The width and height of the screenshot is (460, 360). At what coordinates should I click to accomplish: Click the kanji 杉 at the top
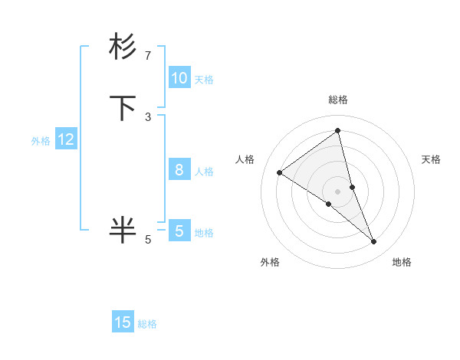[x=123, y=47]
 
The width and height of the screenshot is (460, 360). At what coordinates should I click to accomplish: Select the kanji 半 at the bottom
[x=123, y=230]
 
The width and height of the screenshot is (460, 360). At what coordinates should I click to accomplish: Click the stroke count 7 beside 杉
[x=148, y=56]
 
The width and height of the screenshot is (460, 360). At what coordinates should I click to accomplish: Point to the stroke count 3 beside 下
[x=148, y=117]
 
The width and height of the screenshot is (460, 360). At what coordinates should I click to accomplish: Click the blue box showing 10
[x=179, y=78]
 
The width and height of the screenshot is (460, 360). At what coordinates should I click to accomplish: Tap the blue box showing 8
[x=179, y=170]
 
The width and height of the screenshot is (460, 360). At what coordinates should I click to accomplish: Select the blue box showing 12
[x=66, y=139]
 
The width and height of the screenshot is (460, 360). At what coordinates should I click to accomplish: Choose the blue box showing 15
[x=123, y=322]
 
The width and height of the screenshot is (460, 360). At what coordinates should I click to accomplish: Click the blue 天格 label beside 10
[x=204, y=80]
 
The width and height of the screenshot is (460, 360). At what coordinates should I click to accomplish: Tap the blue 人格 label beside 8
[x=204, y=172]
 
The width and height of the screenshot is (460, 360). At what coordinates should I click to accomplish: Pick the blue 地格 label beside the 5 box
[x=204, y=233]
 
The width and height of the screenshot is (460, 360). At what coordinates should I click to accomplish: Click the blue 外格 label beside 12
[x=41, y=141]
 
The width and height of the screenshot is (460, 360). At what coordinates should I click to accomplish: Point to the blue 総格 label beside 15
[x=147, y=324]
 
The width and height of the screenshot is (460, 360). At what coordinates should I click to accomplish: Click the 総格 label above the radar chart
[x=338, y=100]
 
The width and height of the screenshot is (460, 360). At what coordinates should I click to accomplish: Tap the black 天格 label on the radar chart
[x=431, y=159]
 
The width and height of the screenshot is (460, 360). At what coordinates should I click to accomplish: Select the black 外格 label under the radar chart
[x=270, y=263]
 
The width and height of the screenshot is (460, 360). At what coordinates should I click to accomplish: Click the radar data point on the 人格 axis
[x=279, y=172]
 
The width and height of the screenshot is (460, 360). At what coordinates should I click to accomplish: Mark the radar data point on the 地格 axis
[x=374, y=242]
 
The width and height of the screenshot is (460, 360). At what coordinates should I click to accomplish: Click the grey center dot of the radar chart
[x=338, y=191]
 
